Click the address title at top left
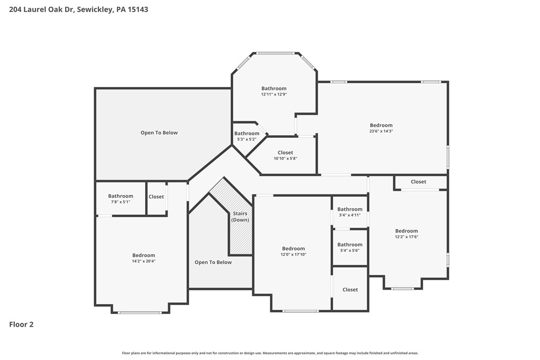pyautogui.click(x=79, y=9)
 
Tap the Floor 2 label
pyautogui.click(x=21, y=325)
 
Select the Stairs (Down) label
pyautogui.click(x=240, y=217)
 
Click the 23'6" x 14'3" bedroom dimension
pyautogui.click(x=381, y=131)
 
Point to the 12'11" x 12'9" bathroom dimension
pyautogui.click(x=274, y=94)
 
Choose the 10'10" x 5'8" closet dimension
pyautogui.click(x=285, y=159)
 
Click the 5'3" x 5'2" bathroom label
pyautogui.click(x=247, y=133)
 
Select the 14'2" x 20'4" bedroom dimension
pyautogui.click(x=144, y=261)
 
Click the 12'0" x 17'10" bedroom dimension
pyautogui.click(x=293, y=255)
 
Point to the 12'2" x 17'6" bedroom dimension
pyautogui.click(x=406, y=237)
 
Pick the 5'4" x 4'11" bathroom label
pyautogui.click(x=350, y=209)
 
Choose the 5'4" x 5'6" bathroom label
pyautogui.click(x=350, y=245)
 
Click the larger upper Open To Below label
pyautogui.click(x=159, y=133)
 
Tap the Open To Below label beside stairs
pyautogui.click(x=213, y=263)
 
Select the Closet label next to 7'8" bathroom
pyautogui.click(x=156, y=197)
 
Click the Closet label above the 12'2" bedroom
pyautogui.click(x=418, y=182)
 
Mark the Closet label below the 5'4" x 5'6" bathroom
pyautogui.click(x=350, y=290)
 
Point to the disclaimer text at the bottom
pyautogui.click(x=270, y=353)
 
